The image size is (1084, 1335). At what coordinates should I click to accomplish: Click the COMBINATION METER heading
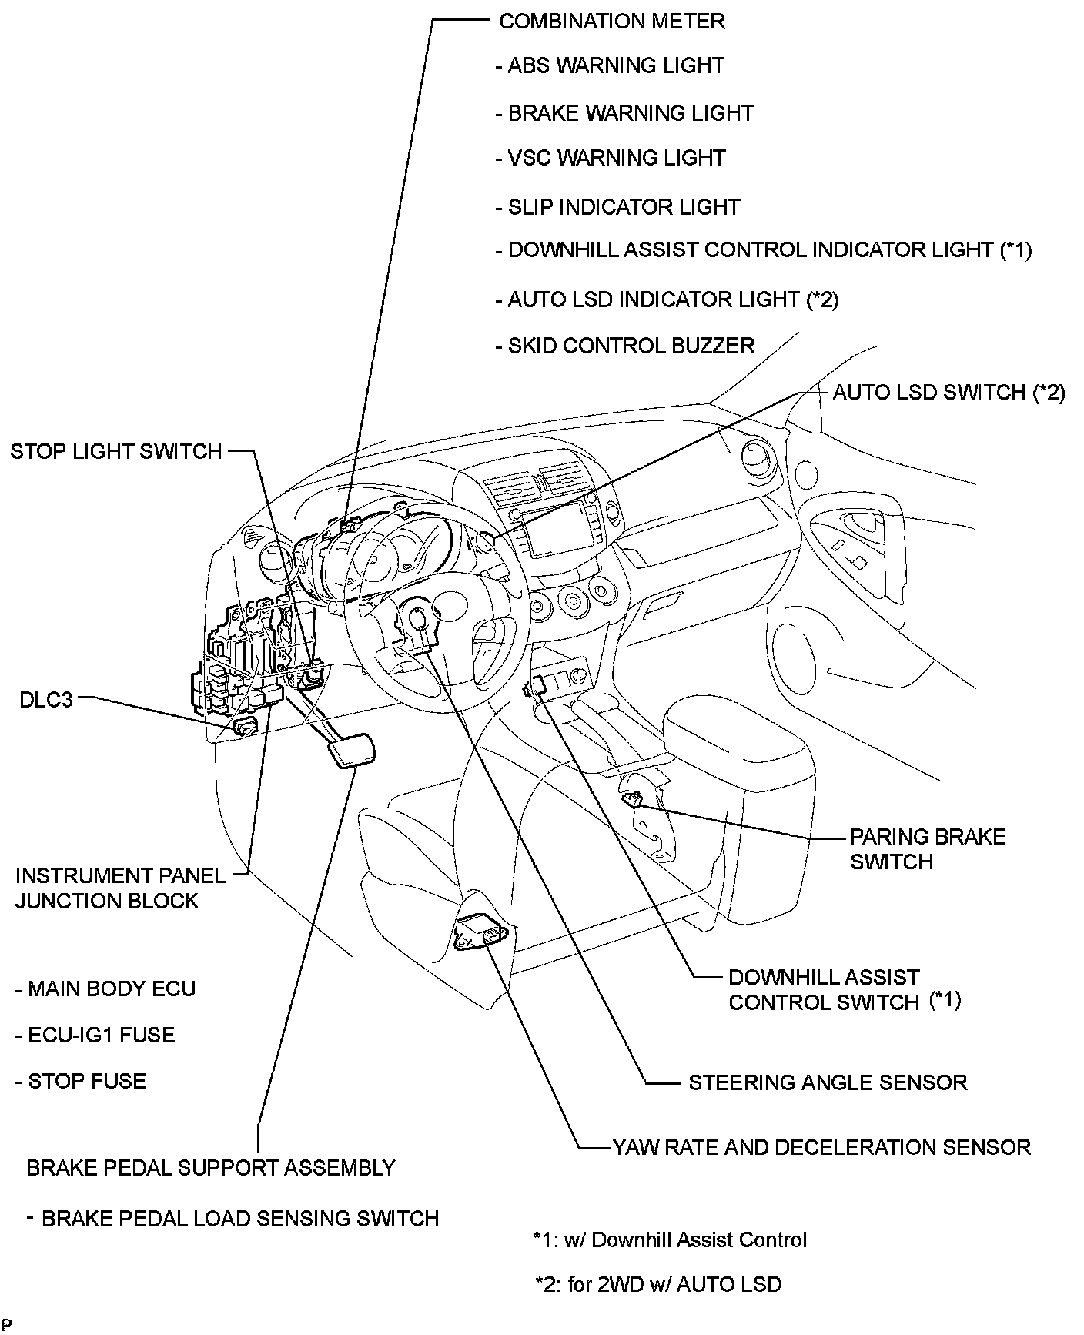coord(611,21)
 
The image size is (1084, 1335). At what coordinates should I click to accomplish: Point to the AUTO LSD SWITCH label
coord(948,393)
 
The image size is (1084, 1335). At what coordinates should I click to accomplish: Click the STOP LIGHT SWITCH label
coord(116,451)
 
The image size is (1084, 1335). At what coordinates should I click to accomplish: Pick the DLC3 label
coord(46,700)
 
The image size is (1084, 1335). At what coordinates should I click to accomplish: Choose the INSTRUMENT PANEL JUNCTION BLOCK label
coord(119,888)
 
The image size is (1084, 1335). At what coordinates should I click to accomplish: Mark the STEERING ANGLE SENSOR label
coord(827,1082)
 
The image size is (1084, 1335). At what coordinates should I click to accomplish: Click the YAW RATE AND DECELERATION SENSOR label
coord(821,1147)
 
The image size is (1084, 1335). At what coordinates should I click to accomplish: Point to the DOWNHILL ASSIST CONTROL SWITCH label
coord(844,989)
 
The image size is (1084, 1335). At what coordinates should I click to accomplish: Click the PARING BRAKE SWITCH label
coord(927,849)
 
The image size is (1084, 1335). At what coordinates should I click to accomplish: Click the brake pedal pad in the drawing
coord(352,751)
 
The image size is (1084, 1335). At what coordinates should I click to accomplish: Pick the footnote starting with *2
coord(658,1284)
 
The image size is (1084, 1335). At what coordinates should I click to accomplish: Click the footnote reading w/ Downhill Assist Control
coord(670,1240)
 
